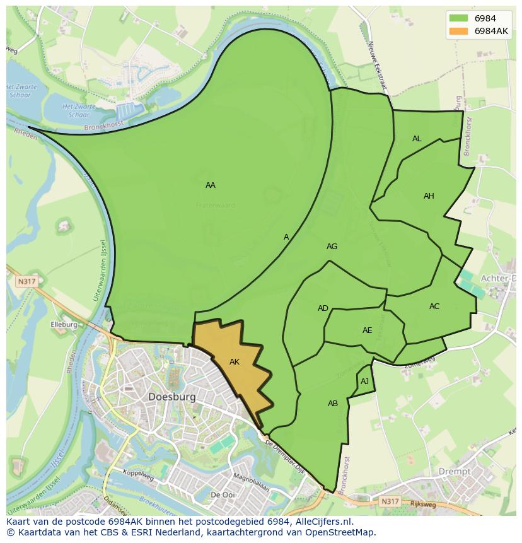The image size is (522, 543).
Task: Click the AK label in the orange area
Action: [x=235, y=362]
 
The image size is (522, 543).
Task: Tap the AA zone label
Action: [x=211, y=185]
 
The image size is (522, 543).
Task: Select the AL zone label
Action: [x=417, y=139]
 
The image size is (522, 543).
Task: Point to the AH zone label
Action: [x=429, y=196]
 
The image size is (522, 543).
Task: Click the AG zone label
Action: [x=332, y=247]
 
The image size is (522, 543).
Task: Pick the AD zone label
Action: [x=323, y=308]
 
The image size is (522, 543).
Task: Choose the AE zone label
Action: [x=367, y=330]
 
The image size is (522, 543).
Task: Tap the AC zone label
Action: [x=434, y=307]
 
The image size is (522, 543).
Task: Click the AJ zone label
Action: [x=364, y=382]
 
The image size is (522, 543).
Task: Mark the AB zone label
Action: [x=333, y=404]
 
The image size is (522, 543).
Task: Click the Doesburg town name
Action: [x=172, y=397]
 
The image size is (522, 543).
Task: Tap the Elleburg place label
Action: [x=64, y=325]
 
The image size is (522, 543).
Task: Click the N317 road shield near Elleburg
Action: [x=26, y=282]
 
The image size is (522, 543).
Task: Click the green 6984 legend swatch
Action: [x=458, y=18]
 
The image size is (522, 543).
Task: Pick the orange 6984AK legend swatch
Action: [x=458, y=31]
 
